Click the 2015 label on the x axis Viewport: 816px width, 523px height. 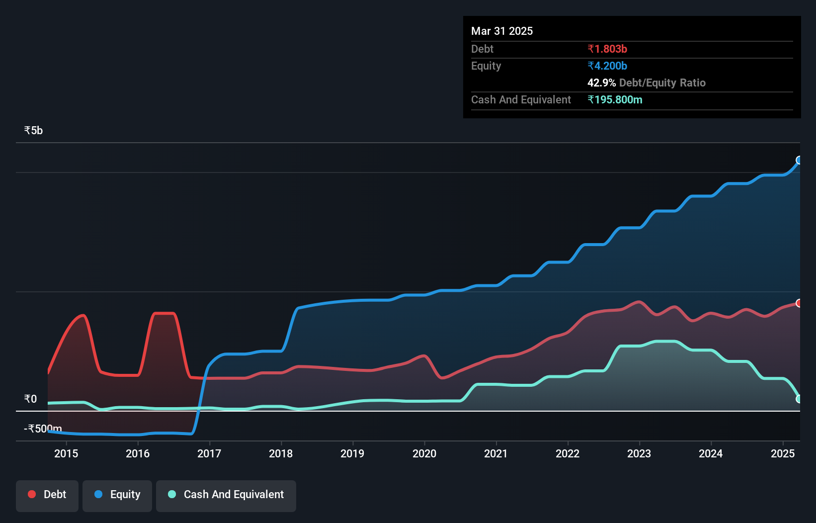pos(66,453)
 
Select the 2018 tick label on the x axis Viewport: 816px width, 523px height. pos(281,453)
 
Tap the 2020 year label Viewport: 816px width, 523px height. pos(424,453)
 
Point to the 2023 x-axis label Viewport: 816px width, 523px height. pos(639,453)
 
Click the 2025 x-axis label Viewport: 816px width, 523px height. pos(783,453)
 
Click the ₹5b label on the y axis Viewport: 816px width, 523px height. pos(33,131)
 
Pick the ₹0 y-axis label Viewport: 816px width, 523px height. pos(30,399)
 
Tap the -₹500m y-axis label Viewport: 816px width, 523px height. pos(43,429)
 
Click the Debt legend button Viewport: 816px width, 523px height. pos(47,495)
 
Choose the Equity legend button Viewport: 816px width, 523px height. pos(117,495)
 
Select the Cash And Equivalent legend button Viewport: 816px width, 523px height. pos(226,495)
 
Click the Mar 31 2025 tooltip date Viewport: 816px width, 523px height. pos(502,31)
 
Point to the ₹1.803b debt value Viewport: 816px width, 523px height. pos(607,49)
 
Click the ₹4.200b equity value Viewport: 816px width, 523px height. pos(607,66)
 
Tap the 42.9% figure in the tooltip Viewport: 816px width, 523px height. pos(601,83)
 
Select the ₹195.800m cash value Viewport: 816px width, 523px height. pos(615,100)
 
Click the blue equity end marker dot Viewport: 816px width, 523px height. pos(799,160)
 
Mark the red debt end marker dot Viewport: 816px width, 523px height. pos(799,303)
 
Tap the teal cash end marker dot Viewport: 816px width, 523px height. pos(799,399)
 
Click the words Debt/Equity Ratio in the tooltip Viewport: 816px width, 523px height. pos(662,83)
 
